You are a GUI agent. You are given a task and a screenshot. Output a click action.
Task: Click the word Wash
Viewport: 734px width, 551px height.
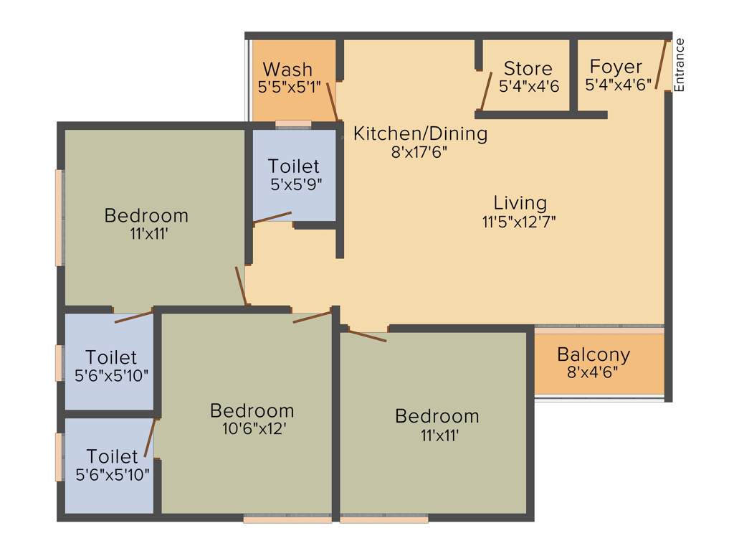[x=287, y=70]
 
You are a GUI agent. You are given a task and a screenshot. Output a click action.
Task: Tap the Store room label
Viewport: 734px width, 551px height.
[x=528, y=69]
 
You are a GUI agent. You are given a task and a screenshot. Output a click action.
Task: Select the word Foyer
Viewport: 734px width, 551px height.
[x=616, y=67]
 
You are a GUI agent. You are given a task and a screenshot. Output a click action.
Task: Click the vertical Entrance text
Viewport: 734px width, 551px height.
[x=680, y=65]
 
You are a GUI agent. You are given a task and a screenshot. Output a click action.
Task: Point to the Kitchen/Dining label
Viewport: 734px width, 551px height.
[x=421, y=133]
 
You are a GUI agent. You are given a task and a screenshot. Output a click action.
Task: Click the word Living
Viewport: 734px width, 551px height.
[x=520, y=203]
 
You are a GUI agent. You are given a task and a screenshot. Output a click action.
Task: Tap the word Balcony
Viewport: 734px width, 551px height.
[x=594, y=354]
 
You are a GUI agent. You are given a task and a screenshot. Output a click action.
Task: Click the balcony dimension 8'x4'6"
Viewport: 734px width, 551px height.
[x=594, y=372]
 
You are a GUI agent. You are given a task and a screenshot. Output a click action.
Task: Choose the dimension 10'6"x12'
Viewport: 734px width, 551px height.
[x=252, y=429]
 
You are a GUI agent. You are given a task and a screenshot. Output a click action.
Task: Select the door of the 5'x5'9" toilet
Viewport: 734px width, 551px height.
[x=272, y=218]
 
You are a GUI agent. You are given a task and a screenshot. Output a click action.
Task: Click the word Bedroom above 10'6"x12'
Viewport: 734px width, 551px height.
[x=252, y=410]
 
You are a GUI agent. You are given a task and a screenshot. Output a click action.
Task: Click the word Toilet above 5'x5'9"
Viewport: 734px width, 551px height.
[x=294, y=166]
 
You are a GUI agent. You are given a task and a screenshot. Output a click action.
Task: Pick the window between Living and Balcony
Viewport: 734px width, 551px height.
[x=599, y=329]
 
